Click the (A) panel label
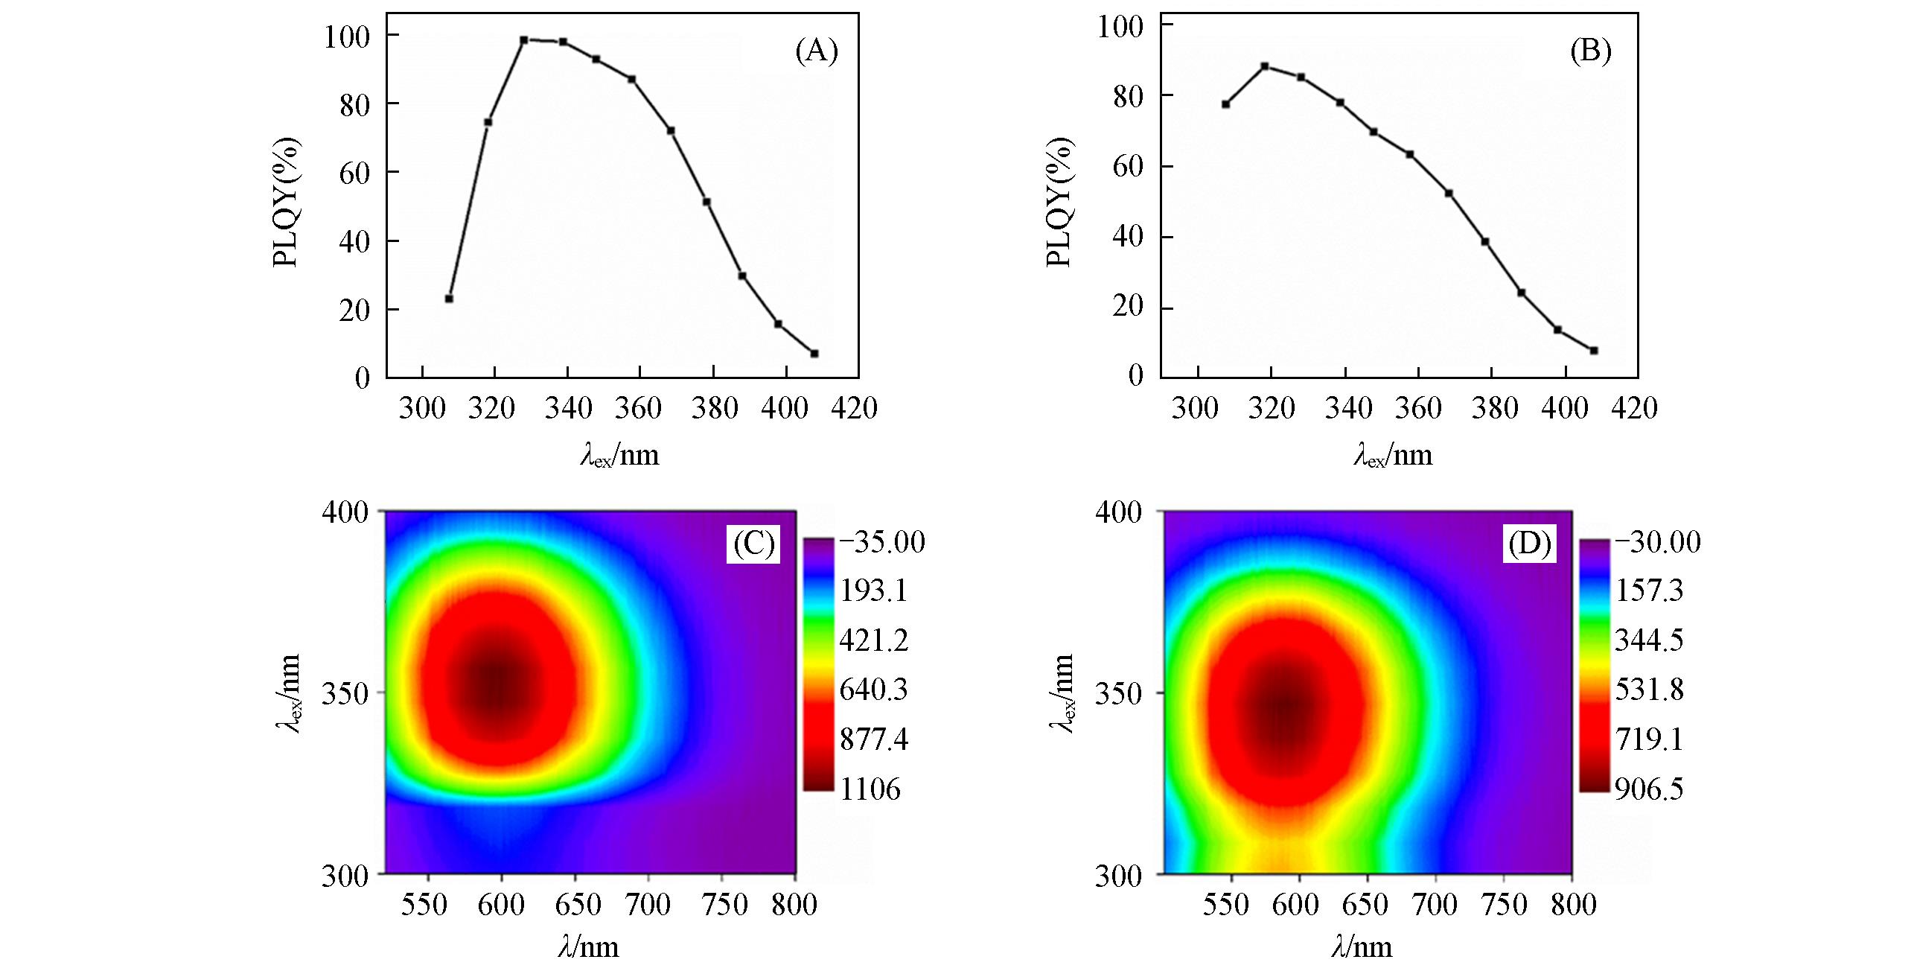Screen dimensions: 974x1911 point(817,51)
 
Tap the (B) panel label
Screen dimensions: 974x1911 point(1590,51)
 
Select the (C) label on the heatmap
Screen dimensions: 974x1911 point(754,544)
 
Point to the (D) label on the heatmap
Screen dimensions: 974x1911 point(1529,545)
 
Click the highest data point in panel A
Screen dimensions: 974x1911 point(524,40)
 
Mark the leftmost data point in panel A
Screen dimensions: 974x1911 point(449,299)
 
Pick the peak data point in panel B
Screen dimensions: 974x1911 point(1264,66)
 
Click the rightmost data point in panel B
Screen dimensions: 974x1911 point(1594,350)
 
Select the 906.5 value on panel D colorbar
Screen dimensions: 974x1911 point(1648,789)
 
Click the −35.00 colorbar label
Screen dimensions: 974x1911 point(881,541)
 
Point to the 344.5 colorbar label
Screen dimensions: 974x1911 point(1648,640)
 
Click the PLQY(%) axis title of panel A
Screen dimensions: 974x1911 point(287,202)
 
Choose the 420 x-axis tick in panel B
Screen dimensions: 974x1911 point(1633,408)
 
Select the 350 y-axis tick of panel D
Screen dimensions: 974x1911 point(1117,693)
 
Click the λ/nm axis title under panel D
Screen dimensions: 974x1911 point(1362,946)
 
